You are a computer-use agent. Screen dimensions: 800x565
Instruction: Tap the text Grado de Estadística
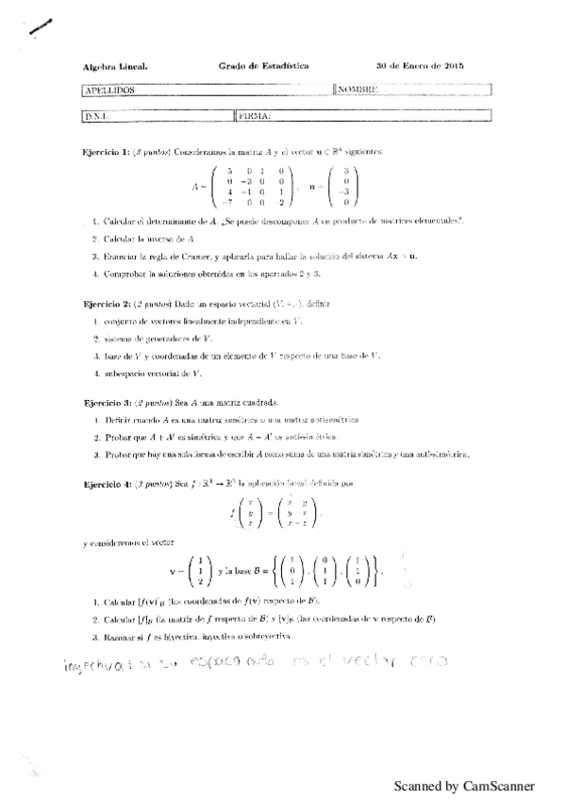tap(263, 67)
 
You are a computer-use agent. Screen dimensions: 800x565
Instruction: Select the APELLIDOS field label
tap(109, 90)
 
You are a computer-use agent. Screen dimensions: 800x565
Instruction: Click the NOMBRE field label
tap(359, 90)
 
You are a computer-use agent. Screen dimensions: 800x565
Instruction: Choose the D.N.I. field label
tap(97, 116)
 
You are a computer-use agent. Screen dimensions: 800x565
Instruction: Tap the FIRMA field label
tap(256, 116)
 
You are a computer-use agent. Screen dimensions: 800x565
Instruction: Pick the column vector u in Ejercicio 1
tap(347, 186)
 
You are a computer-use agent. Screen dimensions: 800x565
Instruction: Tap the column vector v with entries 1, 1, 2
tap(192, 571)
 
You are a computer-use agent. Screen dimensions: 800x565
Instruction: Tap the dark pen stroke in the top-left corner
tap(42, 27)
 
